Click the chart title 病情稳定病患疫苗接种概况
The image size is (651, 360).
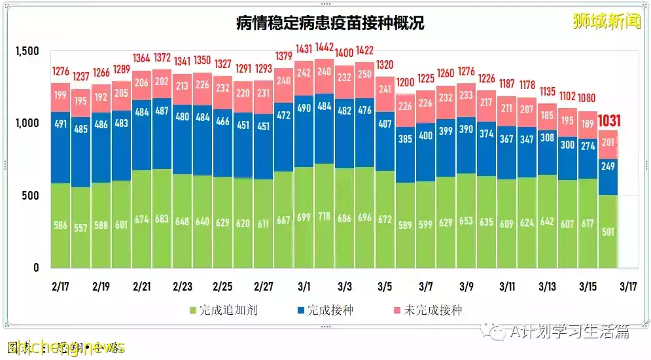330,23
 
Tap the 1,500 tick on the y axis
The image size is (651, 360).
27,52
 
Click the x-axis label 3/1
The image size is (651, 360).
304,287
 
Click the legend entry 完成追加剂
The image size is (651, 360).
222,310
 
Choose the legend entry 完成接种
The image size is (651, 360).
325,310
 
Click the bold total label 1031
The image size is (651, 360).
609,120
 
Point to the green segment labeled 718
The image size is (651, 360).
324,216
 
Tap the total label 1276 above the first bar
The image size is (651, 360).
60,70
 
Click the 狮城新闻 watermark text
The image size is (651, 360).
597,21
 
